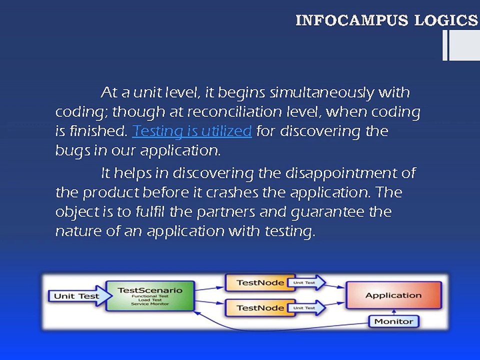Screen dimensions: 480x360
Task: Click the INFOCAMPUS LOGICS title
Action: pyautogui.click(x=386, y=20)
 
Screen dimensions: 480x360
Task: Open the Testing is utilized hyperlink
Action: pyautogui.click(x=192, y=131)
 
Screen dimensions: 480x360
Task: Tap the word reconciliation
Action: pyautogui.click(x=234, y=111)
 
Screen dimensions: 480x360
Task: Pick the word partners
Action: pyautogui.click(x=225, y=212)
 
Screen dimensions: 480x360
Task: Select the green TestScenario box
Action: pyautogui.click(x=150, y=296)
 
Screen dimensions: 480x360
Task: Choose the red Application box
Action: pyautogui.click(x=394, y=295)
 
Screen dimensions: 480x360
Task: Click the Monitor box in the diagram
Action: pyautogui.click(x=393, y=321)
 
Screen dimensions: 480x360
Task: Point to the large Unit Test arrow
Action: pyautogui.click(x=80, y=296)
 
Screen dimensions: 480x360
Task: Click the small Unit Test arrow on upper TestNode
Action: pyautogui.click(x=306, y=282)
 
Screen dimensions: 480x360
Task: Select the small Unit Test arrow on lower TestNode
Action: pyautogui.click(x=306, y=307)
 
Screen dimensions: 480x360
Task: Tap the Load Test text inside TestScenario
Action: pyautogui.click(x=150, y=300)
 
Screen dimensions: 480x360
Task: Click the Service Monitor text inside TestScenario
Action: pyautogui.click(x=150, y=304)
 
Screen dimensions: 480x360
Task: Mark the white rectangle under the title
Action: pyautogui.click(x=461, y=45)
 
